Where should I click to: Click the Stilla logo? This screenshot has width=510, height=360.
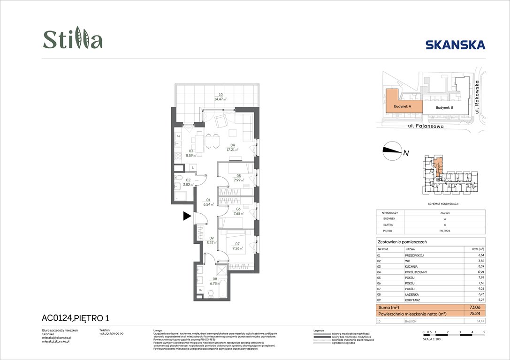point(73,40)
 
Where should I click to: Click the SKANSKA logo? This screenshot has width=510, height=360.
point(455,45)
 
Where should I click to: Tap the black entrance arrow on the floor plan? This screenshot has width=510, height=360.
point(187,216)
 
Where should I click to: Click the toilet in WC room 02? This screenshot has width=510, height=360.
point(179,178)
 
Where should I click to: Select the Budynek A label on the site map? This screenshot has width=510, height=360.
point(403,107)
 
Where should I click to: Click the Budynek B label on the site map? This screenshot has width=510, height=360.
point(444,108)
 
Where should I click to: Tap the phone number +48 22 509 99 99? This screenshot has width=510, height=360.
point(111,334)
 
